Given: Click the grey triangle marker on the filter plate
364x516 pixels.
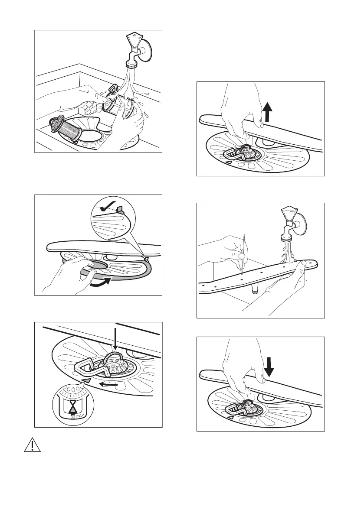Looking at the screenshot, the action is coord(87,380).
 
